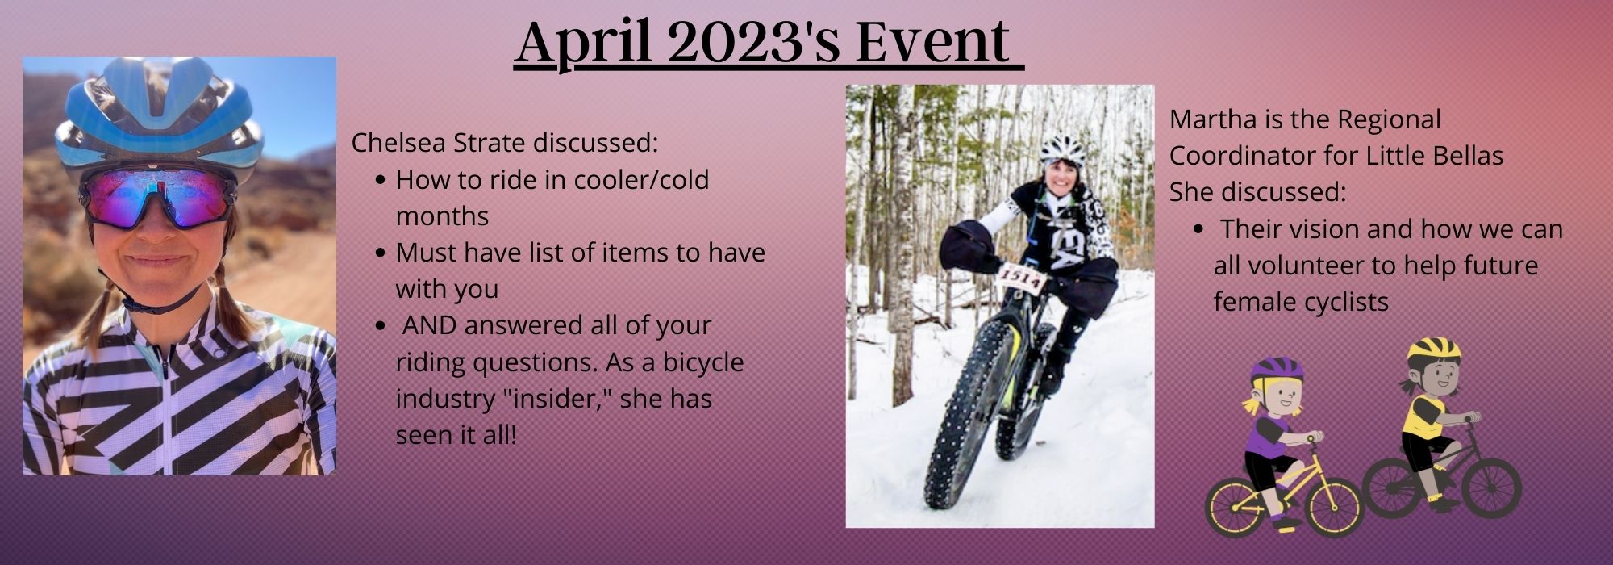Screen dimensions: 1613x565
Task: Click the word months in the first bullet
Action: (442, 216)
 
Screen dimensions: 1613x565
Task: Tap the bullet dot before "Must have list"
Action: (381, 253)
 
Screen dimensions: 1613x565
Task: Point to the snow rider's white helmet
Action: (1064, 149)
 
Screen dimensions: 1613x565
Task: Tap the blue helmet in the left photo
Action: (159, 113)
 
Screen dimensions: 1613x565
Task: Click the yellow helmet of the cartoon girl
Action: (1434, 349)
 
